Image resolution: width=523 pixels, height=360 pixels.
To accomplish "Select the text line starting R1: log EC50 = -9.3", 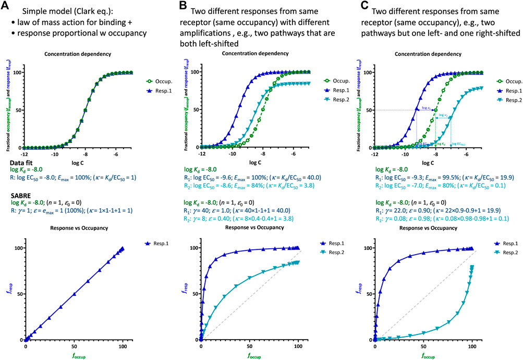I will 428,178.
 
